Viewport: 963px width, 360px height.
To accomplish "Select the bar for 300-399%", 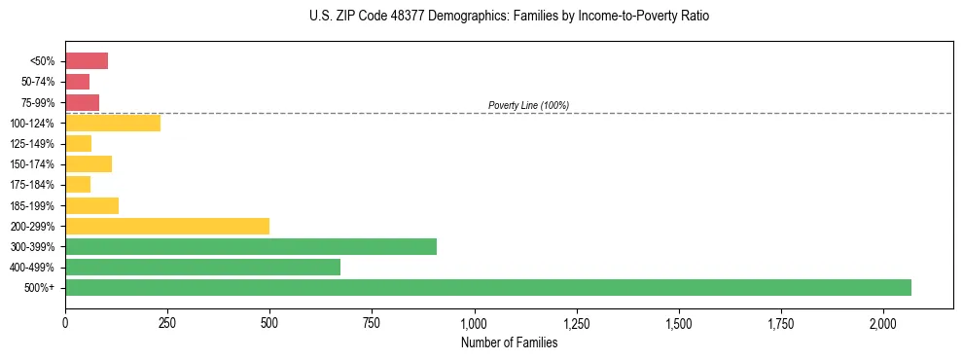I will tap(251, 246).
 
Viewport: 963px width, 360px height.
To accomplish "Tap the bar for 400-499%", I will tap(202, 267).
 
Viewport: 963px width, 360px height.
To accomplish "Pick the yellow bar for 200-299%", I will tap(167, 226).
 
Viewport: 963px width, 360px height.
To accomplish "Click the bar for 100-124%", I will tap(113, 123).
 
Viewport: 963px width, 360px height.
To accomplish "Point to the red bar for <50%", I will tap(87, 61).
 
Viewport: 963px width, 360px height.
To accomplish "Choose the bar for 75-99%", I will tap(83, 102).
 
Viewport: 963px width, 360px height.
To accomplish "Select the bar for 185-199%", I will tap(92, 205).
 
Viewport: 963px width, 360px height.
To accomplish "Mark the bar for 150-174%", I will tap(89, 163).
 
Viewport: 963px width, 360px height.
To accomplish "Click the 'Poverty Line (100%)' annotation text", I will tap(528, 105).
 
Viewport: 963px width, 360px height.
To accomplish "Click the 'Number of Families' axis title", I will tap(509, 342).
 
